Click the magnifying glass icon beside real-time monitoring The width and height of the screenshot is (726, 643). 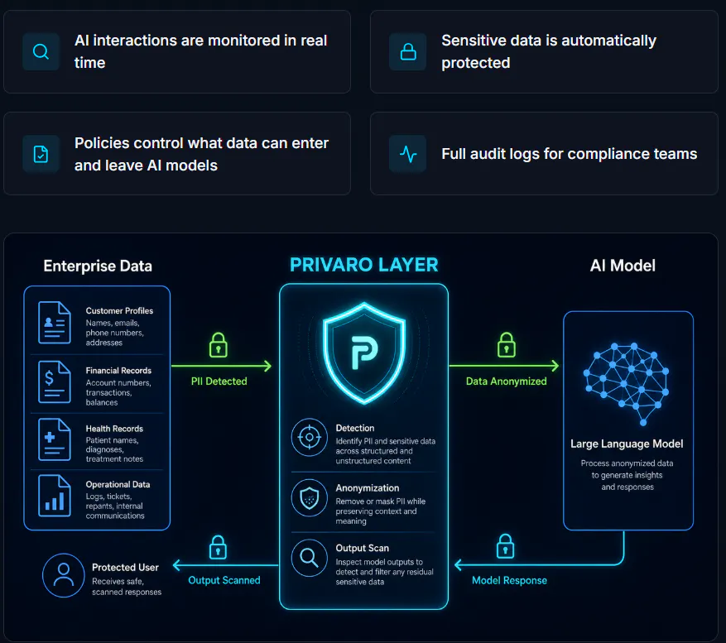(41, 51)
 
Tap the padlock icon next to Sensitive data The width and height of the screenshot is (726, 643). (408, 51)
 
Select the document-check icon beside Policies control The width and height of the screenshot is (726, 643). (41, 154)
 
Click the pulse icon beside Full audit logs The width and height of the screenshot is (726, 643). (408, 154)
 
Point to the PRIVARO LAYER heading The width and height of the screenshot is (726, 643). (364, 265)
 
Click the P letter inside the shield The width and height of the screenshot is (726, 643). (364, 353)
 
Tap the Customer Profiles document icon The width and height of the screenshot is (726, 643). (55, 323)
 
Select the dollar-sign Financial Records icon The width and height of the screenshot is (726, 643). (55, 382)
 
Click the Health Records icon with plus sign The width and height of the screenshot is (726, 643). (55, 439)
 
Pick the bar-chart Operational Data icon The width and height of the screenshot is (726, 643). (55, 496)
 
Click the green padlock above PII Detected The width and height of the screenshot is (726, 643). (218, 345)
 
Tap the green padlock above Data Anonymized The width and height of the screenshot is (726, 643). (506, 345)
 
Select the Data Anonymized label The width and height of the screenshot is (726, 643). (506, 381)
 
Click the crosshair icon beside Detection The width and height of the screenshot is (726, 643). (310, 437)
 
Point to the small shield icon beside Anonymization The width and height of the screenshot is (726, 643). (310, 497)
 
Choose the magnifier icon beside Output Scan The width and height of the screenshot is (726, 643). (310, 558)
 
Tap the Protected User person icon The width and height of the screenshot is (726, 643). (64, 575)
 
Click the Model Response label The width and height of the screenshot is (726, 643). (509, 580)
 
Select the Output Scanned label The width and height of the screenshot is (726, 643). (224, 580)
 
